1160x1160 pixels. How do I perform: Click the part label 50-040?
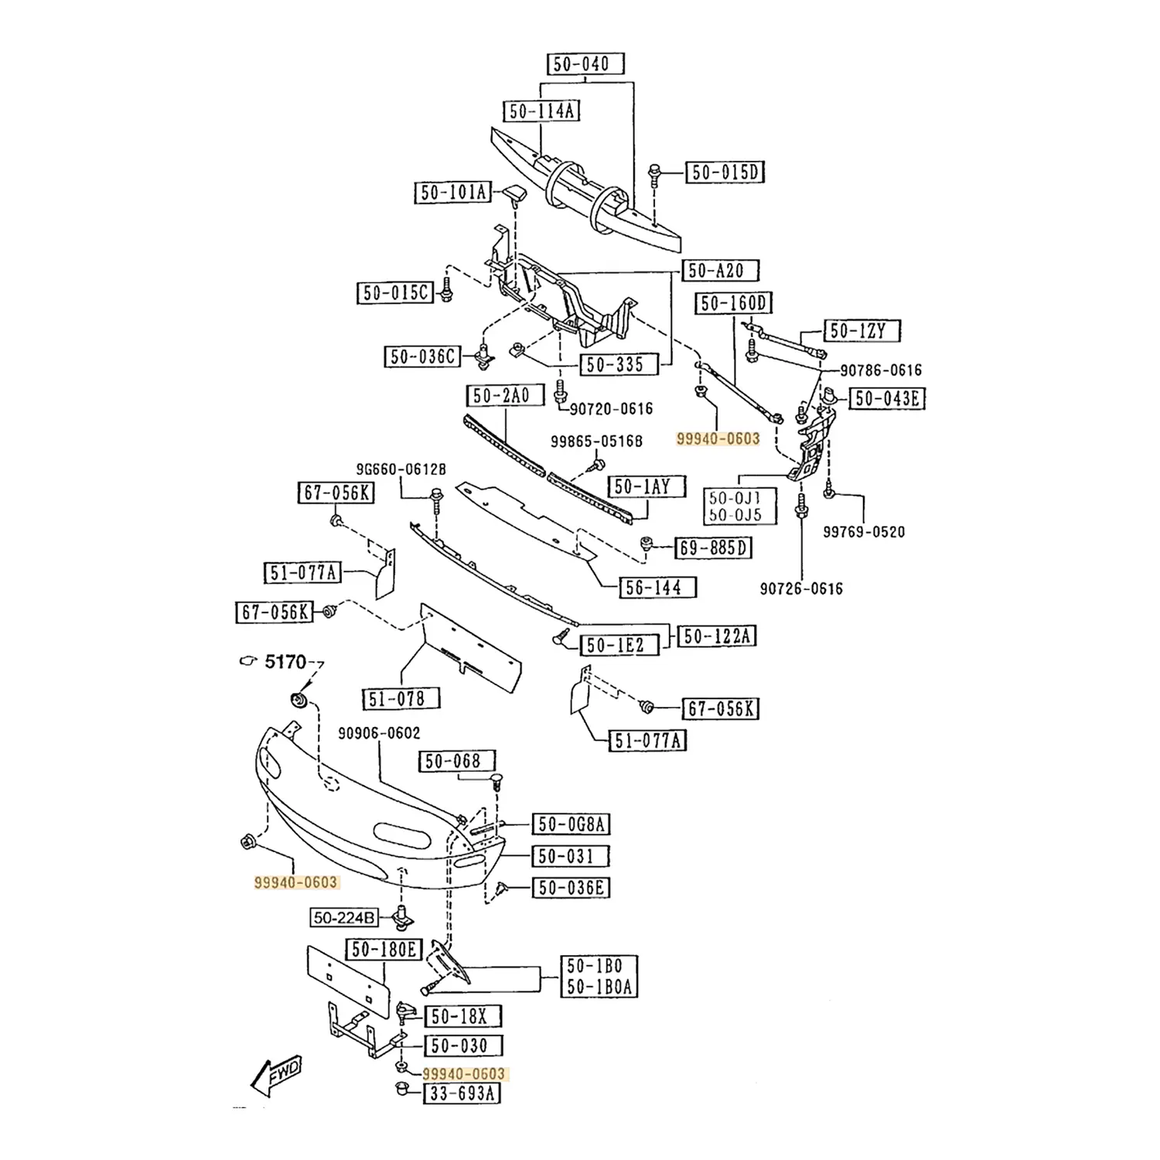[x=585, y=63]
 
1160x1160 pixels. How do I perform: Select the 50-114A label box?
[x=541, y=111]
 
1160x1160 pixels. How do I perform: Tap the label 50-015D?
[x=725, y=172]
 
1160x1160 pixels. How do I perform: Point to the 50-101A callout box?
[x=453, y=192]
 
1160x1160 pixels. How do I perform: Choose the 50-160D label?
[x=734, y=303]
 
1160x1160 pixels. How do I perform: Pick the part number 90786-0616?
[x=881, y=370]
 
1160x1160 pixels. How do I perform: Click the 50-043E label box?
[x=887, y=398]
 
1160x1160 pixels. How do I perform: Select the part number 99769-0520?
[x=863, y=532]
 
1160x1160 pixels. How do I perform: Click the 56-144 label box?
[x=657, y=587]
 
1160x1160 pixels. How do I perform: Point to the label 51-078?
[x=401, y=698]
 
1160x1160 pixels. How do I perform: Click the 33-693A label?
[x=462, y=1093]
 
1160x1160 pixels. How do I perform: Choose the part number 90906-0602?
[x=380, y=733]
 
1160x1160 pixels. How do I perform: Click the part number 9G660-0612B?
[x=401, y=469]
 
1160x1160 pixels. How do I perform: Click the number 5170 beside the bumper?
[x=285, y=662]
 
